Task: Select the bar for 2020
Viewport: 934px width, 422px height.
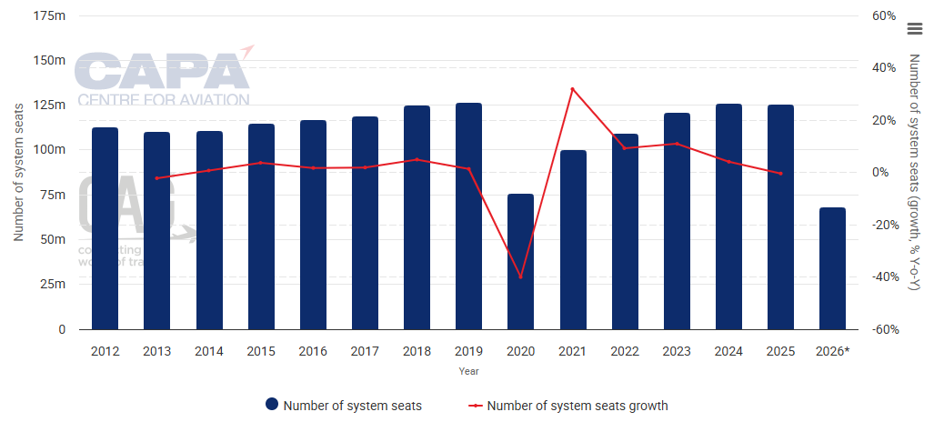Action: pyautogui.click(x=520, y=261)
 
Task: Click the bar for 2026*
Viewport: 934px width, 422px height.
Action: pyautogui.click(x=832, y=268)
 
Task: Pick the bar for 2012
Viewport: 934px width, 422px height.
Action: pyautogui.click(x=105, y=227)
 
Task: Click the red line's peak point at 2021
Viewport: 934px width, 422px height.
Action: pyautogui.click(x=572, y=89)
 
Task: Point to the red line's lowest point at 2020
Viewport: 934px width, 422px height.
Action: pyautogui.click(x=520, y=276)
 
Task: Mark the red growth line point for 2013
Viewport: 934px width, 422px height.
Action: pyautogui.click(x=156, y=178)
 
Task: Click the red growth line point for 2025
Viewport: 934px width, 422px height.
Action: pyautogui.click(x=780, y=173)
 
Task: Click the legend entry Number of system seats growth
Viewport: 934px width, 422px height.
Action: pyautogui.click(x=577, y=406)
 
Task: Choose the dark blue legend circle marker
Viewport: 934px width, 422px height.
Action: pyautogui.click(x=271, y=406)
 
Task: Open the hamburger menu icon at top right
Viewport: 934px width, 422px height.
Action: pyautogui.click(x=915, y=28)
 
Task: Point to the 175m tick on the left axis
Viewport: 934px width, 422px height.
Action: pyautogui.click(x=50, y=16)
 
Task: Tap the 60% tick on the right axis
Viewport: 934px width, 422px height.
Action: pyautogui.click(x=884, y=16)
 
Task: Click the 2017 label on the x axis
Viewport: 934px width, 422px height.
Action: pyautogui.click(x=365, y=351)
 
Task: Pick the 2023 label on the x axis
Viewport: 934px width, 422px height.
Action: pyautogui.click(x=677, y=351)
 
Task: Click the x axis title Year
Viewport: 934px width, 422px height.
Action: pyautogui.click(x=468, y=371)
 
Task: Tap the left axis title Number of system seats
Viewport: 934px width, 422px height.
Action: pyautogui.click(x=18, y=173)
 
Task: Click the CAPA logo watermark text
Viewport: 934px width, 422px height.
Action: pyautogui.click(x=162, y=71)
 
